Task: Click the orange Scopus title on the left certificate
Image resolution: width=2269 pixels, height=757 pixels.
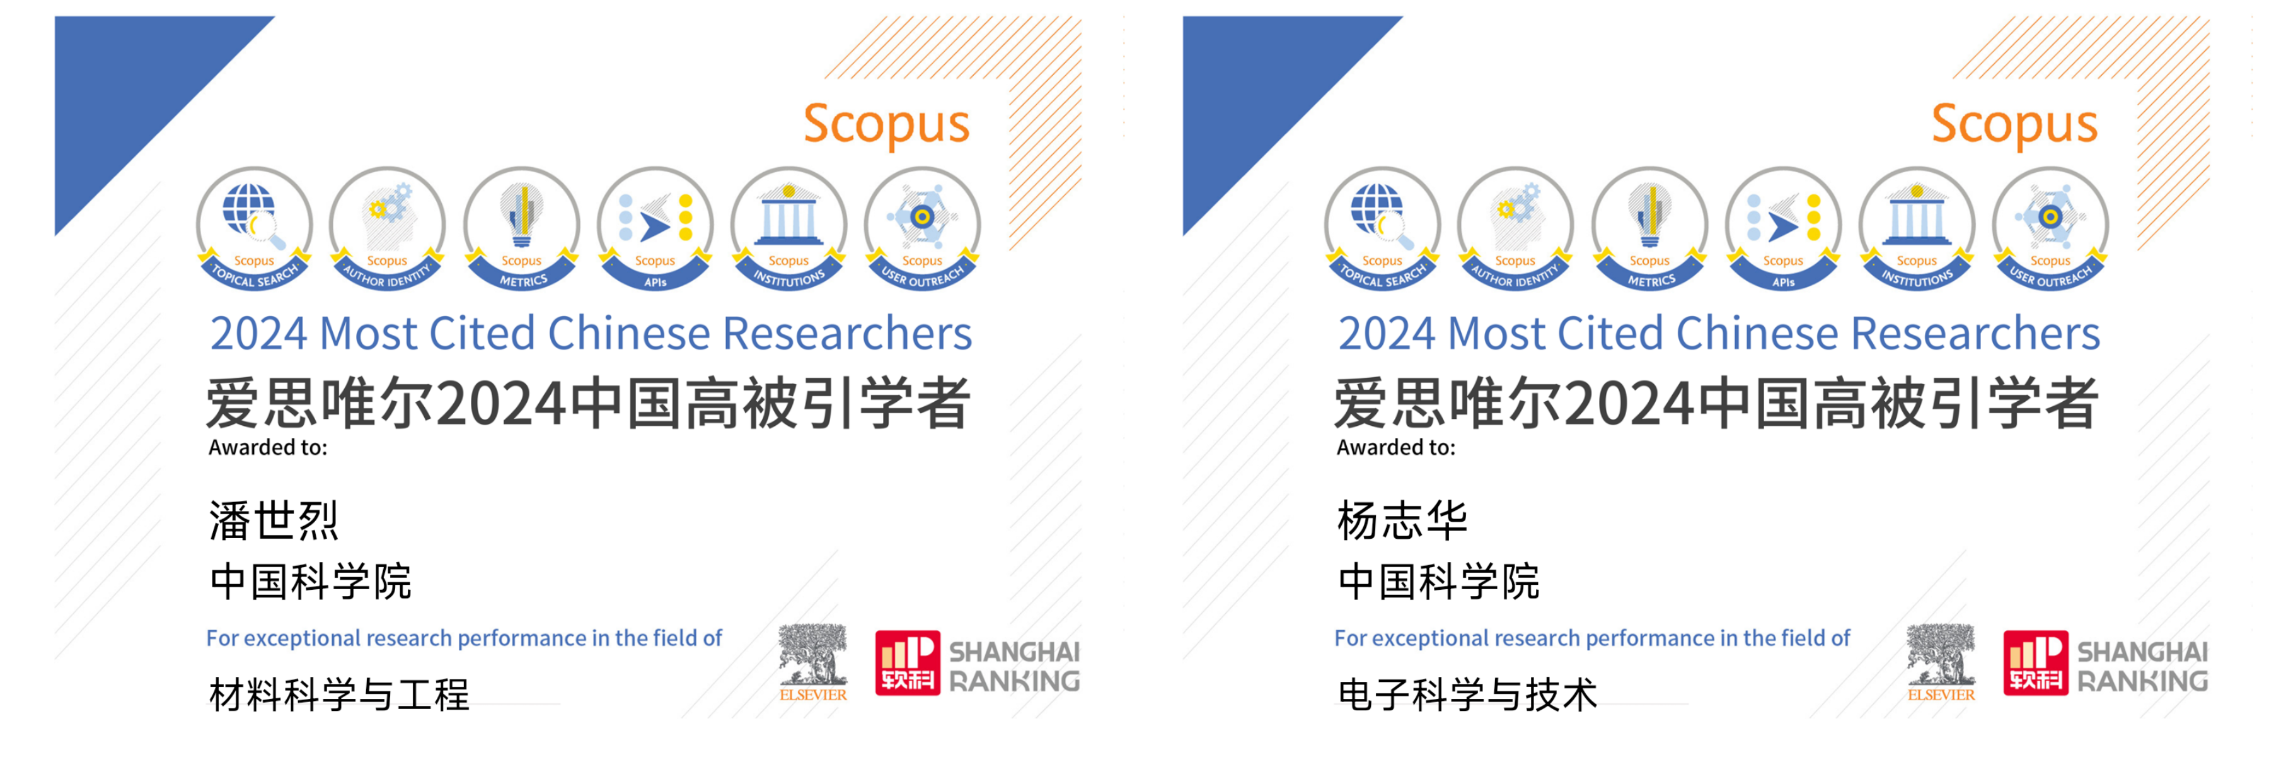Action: pos(886,125)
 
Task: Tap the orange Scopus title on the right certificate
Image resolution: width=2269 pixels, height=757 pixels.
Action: pos(2014,125)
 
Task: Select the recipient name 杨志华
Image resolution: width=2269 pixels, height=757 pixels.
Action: pos(1402,520)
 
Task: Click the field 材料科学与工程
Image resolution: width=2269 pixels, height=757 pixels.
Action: pos(339,695)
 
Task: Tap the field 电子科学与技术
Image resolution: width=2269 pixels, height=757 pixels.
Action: pos(1467,695)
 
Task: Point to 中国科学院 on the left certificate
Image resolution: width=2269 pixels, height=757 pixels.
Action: pos(310,582)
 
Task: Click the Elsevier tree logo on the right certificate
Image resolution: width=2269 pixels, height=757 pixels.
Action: pos(1941,662)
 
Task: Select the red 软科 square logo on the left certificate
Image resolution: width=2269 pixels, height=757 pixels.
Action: pos(907,663)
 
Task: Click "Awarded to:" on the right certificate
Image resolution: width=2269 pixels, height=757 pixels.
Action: pos(1396,448)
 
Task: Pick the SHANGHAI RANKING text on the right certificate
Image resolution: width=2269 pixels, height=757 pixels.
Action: pos(2142,666)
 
